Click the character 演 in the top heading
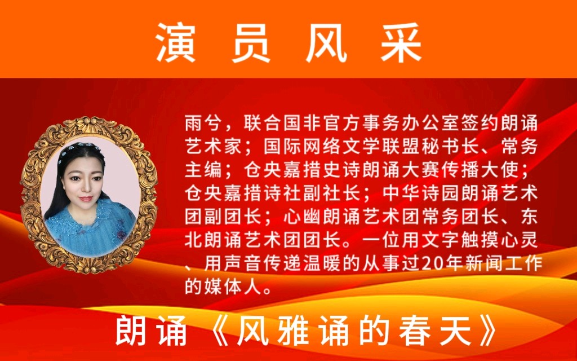[x=175, y=43]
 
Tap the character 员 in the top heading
[x=251, y=43]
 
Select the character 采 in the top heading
[x=401, y=43]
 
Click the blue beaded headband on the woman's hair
[x=78, y=149]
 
